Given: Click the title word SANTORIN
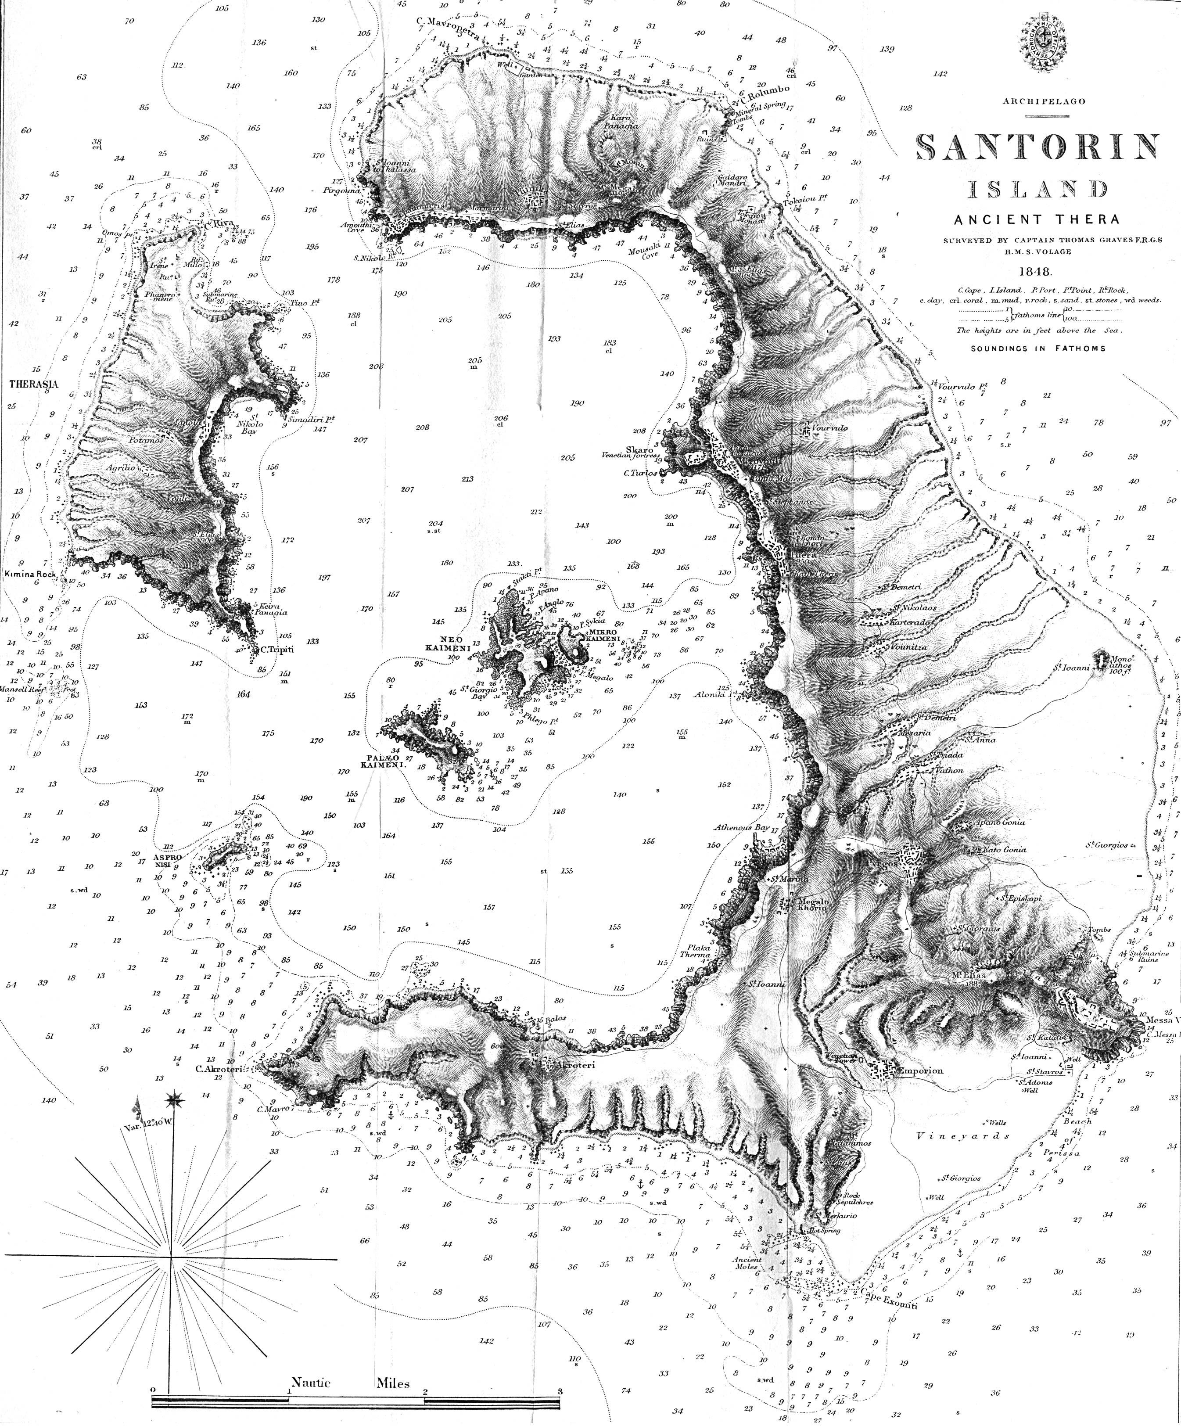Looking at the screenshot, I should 1036,147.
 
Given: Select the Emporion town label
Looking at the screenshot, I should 920,1071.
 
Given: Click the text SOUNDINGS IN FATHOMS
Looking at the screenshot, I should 1037,348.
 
